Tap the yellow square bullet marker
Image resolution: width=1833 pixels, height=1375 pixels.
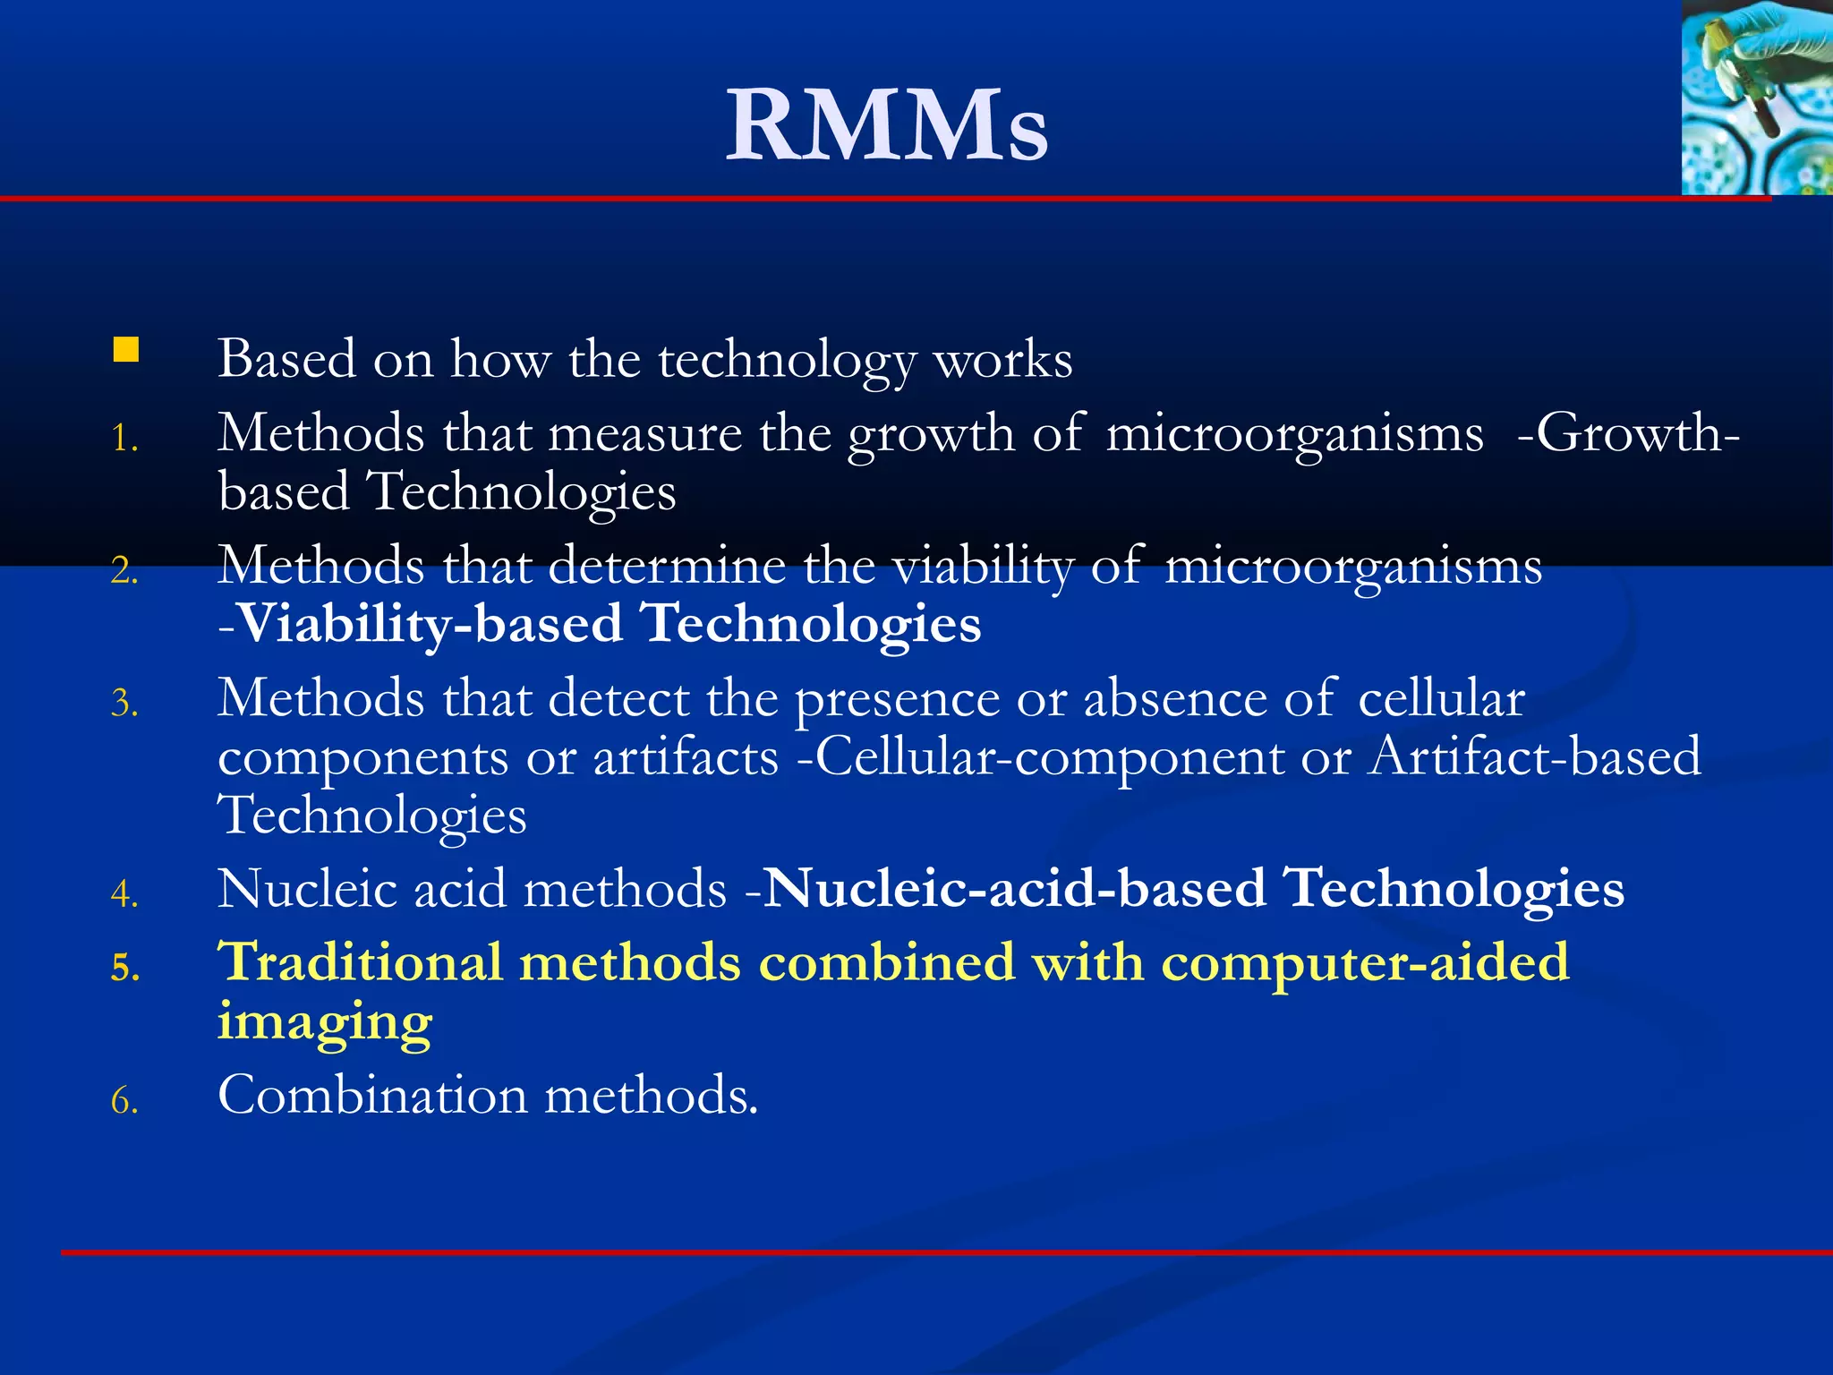126,349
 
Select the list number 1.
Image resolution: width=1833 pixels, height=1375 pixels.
124,439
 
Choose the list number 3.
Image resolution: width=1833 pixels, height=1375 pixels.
124,704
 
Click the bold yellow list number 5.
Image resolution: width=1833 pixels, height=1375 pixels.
125,968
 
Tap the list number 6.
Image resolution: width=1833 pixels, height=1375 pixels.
124,1100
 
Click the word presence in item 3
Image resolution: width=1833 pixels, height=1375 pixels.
897,700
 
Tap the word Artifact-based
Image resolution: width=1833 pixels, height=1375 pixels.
1535,756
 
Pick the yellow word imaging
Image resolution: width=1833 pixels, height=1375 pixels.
325,1022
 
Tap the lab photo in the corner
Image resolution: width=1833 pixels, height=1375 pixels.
1756,97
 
